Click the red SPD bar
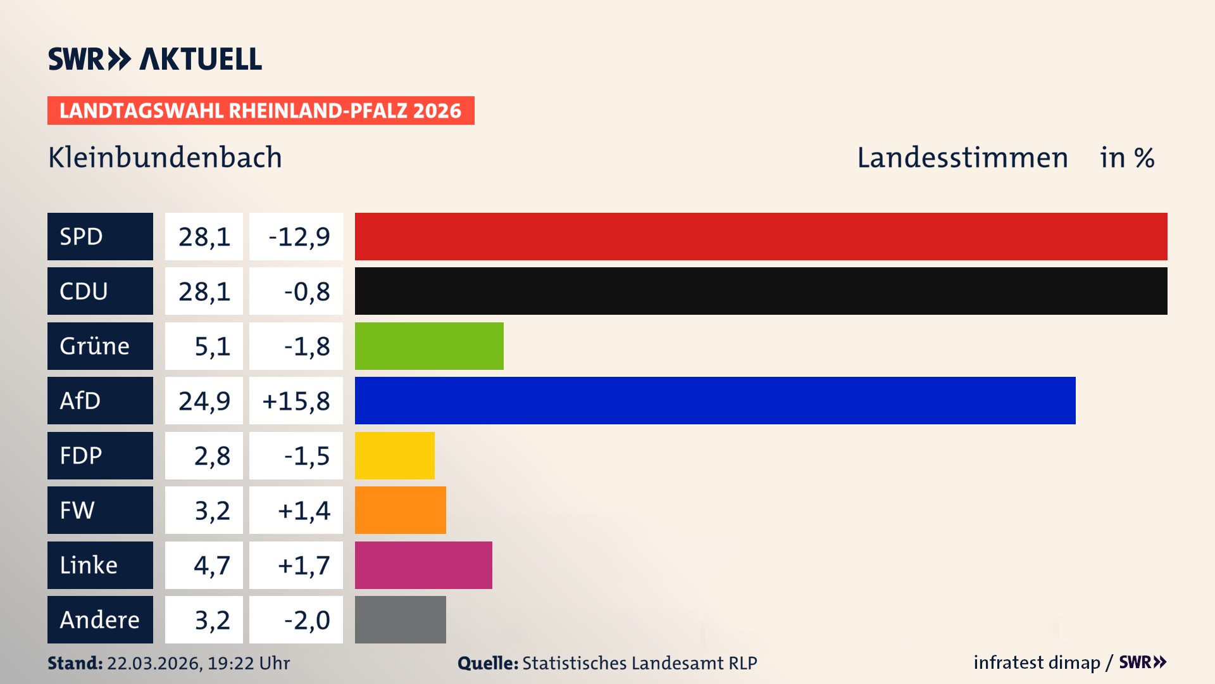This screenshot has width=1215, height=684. coord(761,236)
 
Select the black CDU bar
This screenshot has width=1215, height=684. coord(761,291)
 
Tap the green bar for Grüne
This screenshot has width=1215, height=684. coord(429,346)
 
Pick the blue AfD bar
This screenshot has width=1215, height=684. coord(715,400)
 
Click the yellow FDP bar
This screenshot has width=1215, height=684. coord(394,455)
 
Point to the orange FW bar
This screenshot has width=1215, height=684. coord(400,510)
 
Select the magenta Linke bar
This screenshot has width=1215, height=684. coord(423,565)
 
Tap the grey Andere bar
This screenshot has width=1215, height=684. coord(400,619)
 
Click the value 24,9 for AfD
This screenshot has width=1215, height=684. coord(204,401)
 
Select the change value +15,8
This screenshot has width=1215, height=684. coord(296,401)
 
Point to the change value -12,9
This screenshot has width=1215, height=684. coord(299,237)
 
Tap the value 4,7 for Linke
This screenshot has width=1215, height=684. coord(211,565)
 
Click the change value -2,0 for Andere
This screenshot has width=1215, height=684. coord(306,620)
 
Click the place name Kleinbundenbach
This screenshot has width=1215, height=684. coord(165,158)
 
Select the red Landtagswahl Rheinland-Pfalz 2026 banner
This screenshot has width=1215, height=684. coord(261,111)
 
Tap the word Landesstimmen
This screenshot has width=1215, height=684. coord(962,158)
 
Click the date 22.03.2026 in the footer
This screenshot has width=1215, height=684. coord(154,663)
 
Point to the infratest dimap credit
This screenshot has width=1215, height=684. coord(1037,662)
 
